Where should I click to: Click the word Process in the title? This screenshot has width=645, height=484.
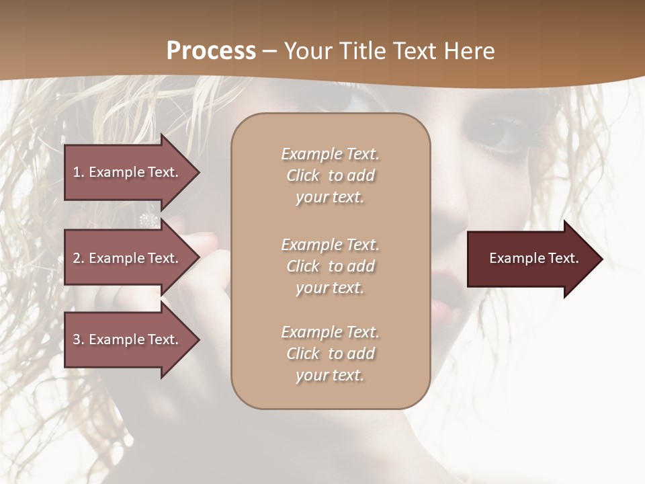click(211, 50)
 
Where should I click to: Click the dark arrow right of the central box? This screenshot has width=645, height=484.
click(531, 259)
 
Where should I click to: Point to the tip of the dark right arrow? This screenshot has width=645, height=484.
click(601, 259)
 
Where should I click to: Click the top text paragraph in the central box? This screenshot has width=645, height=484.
click(330, 175)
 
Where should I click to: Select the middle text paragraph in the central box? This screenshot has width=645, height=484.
click(330, 266)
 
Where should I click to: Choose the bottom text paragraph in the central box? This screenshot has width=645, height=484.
click(330, 354)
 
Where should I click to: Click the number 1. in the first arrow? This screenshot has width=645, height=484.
click(78, 172)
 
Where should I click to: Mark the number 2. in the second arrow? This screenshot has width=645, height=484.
click(78, 258)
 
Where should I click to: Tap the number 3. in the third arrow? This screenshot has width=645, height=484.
click(78, 339)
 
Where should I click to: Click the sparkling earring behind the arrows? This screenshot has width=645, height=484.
click(148, 220)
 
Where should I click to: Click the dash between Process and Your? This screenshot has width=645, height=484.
click(269, 51)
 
